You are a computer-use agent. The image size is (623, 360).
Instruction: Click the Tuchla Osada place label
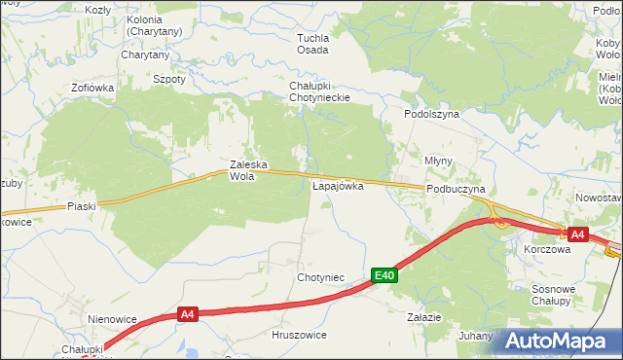coord(312,44)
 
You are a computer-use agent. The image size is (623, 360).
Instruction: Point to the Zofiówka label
coord(92,88)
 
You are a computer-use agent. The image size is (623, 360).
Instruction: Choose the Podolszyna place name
coord(431,114)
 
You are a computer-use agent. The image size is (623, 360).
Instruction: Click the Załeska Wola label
coord(247,170)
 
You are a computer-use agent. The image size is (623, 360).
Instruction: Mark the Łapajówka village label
coord(338,185)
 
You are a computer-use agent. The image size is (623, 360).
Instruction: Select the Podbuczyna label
coord(456,190)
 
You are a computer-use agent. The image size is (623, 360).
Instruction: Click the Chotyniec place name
coord(320,278)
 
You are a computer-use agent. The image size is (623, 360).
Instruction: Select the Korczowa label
coord(546,249)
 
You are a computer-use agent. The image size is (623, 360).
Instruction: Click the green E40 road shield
coord(385,276)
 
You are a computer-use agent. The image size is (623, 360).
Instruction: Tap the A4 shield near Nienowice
coord(188,314)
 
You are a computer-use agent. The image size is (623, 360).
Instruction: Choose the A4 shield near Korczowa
coord(577,234)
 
